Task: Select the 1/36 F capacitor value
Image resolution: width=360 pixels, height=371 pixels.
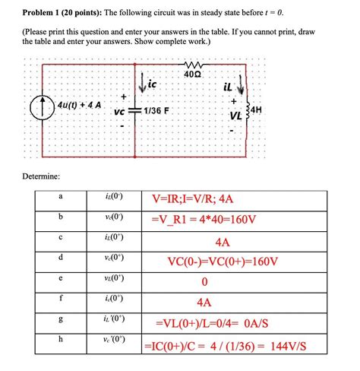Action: [158, 109]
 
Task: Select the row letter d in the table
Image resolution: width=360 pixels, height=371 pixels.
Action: [60, 259]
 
